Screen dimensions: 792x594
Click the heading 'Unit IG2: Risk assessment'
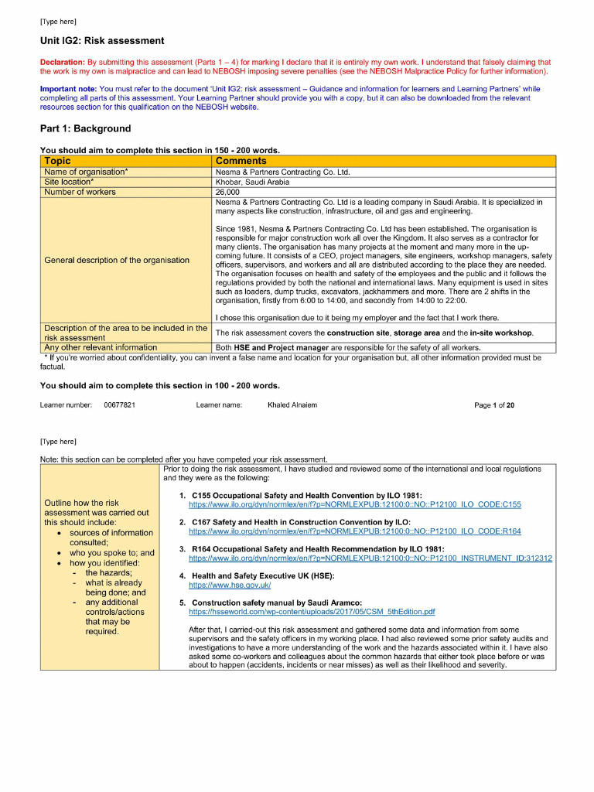pos(102,40)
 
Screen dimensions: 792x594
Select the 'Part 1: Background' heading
pos(85,128)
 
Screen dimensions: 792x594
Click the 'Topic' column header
pos(57,161)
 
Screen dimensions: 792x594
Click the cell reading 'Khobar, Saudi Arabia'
pos(252,182)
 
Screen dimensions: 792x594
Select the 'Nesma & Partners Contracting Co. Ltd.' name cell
pos(282,172)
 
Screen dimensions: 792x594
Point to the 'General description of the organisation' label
pos(117,260)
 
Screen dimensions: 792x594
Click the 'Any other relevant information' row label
pos(101,347)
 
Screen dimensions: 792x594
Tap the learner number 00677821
pos(120,405)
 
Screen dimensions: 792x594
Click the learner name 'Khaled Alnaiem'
pos(292,405)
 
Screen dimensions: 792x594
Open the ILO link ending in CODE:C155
pos(350,504)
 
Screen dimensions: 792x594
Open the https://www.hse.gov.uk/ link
pos(230,585)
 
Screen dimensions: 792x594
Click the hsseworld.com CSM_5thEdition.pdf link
pos(312,611)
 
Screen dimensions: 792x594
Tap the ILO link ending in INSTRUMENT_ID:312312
pos(370,558)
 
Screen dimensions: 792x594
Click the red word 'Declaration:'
pos(62,62)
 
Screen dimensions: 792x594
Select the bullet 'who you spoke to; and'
pos(112,553)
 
